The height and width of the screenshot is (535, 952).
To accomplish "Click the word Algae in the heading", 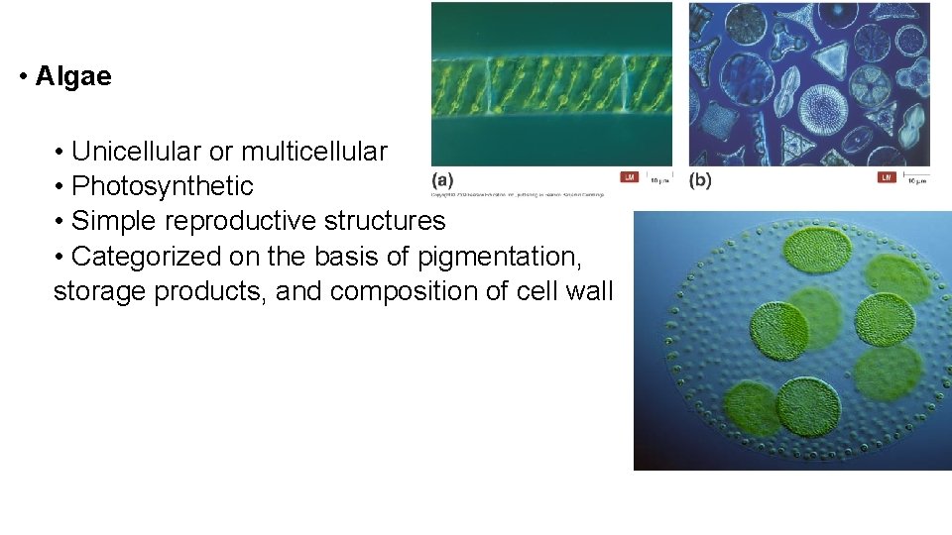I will click(x=73, y=76).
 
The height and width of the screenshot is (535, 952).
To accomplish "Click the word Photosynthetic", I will click(x=163, y=186).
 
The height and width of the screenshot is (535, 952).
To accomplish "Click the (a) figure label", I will click(x=442, y=180).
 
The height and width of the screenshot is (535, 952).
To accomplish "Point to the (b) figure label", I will click(x=700, y=180).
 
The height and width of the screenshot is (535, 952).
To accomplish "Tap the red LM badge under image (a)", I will click(x=629, y=177).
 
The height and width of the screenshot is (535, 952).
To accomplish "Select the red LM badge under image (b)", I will click(x=887, y=177).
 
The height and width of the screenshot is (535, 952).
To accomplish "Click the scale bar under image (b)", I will click(x=917, y=177).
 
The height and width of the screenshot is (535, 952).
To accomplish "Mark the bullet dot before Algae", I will click(x=22, y=77).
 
